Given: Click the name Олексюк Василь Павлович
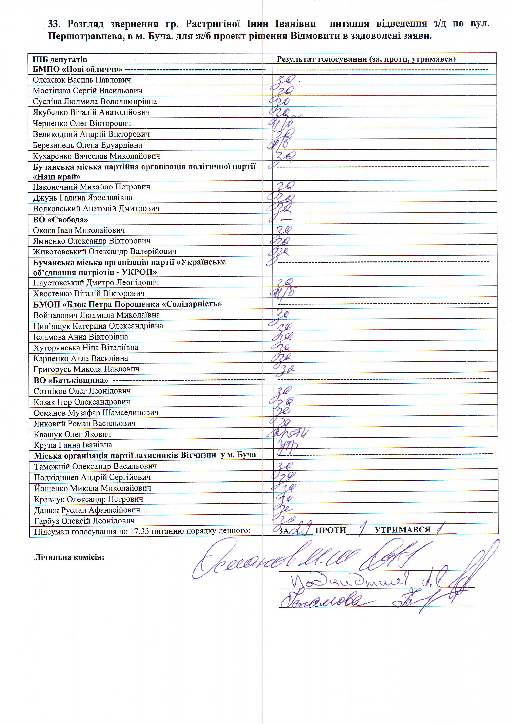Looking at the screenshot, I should click(82, 80).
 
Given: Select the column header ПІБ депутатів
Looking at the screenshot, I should click(60, 59).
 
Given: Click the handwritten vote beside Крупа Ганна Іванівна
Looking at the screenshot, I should click(287, 445).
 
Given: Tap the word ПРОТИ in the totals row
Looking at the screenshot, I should click(330, 530).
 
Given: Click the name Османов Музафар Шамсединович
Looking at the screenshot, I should click(96, 412).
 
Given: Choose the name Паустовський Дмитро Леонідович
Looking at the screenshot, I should click(96, 283).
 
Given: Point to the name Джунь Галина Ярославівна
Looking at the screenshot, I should click(82, 198).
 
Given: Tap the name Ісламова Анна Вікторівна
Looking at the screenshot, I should click(81, 337).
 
